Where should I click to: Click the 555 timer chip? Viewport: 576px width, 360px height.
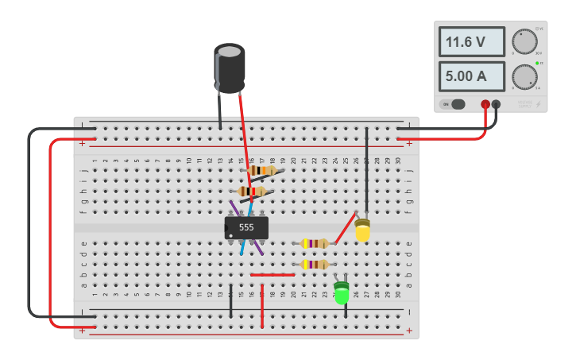coord(246,228)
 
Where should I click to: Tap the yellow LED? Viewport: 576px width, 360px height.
coord(362,231)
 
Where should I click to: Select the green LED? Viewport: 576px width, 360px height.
coord(342,293)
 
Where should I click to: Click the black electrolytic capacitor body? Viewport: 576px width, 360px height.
coord(230,68)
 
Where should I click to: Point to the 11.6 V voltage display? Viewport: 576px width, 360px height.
coord(472,42)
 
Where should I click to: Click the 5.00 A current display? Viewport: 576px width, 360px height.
coord(472,76)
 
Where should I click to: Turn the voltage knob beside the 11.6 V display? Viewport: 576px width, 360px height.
coord(524,41)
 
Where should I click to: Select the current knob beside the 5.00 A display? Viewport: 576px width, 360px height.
coord(524,76)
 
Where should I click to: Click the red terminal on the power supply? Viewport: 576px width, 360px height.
coord(485,104)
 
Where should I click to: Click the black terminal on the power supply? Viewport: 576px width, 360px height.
coord(497,104)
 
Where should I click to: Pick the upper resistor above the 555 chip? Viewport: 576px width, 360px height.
coord(261,170)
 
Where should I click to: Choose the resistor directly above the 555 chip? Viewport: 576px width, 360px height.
coord(252,192)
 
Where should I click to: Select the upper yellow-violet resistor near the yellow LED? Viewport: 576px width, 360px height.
coord(315,243)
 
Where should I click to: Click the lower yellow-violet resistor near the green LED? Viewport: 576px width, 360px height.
coord(315,264)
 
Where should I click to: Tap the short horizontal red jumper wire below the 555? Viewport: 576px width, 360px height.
coord(273,275)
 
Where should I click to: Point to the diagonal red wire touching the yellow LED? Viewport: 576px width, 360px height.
coord(345,228)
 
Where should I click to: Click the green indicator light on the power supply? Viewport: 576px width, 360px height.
coord(537,63)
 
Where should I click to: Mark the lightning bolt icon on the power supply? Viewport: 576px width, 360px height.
coord(538,104)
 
